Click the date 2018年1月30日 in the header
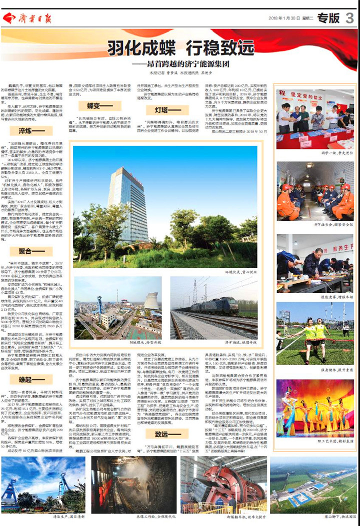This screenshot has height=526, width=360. click(282, 18)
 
